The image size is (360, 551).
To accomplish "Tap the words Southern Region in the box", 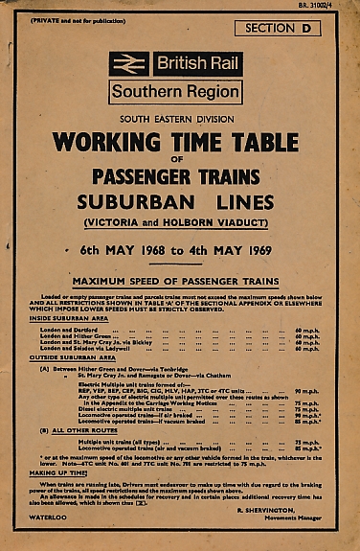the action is click(174, 93).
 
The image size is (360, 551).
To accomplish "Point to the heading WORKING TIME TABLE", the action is click(179, 142).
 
